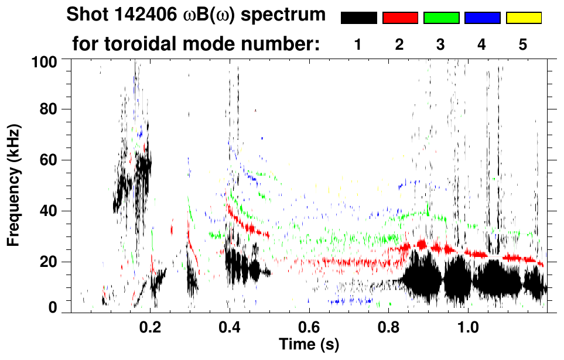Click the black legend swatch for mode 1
click(x=358, y=18)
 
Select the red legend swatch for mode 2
click(x=400, y=18)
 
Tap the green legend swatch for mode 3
click(x=441, y=18)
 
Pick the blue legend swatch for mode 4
click(x=482, y=18)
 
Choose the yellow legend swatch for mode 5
click(x=524, y=18)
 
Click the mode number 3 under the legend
click(x=441, y=44)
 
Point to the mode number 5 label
click(x=524, y=44)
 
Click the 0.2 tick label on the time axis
click(x=150, y=325)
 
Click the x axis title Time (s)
click(x=308, y=344)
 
